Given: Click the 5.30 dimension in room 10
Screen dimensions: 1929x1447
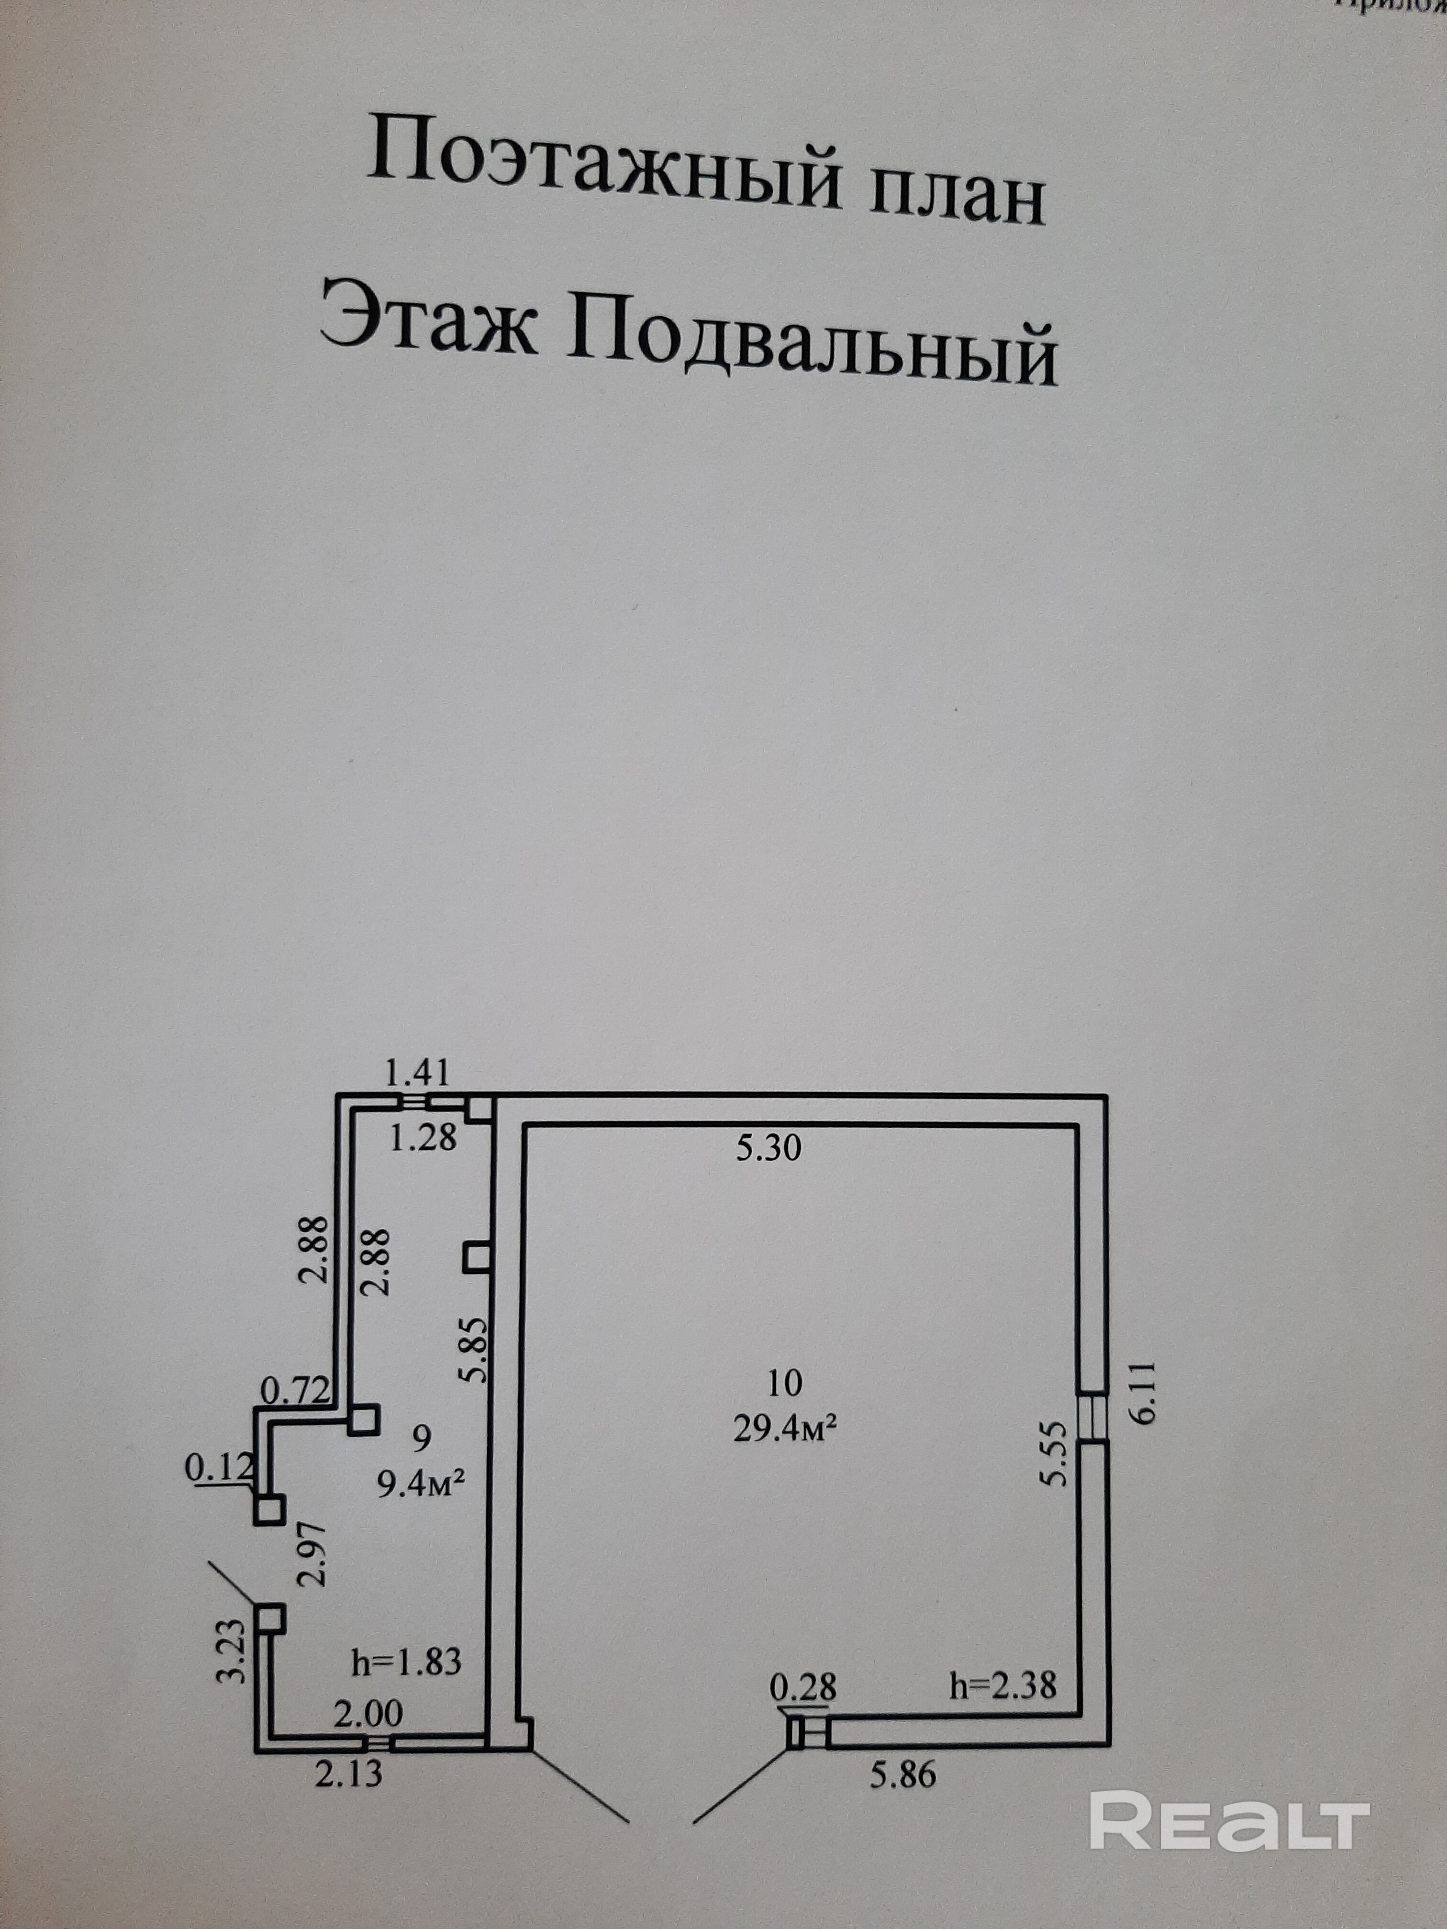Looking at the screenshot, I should click(x=768, y=1149).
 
